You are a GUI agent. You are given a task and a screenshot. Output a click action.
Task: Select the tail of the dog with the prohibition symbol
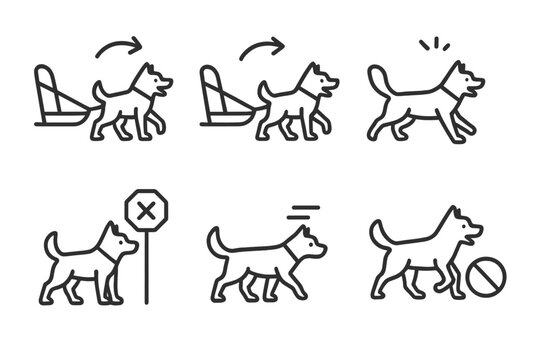click(379, 236)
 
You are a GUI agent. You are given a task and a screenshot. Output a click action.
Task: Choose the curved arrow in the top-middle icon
click(262, 45)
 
